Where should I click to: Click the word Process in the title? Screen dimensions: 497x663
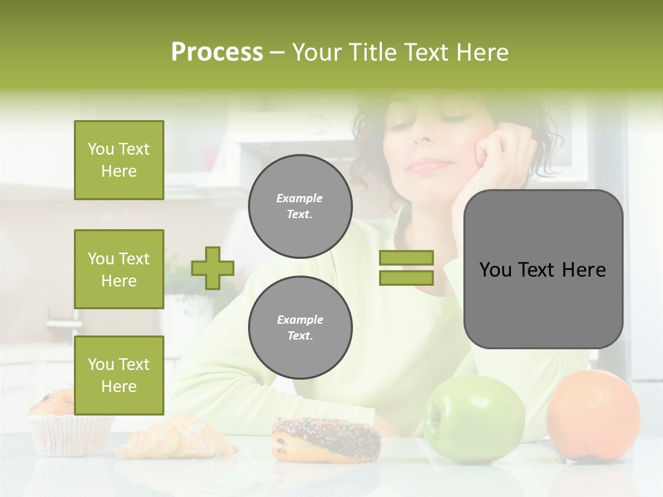[x=217, y=52]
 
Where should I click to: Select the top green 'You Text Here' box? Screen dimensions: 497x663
[x=119, y=160]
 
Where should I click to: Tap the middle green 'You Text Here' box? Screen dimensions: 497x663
[x=119, y=269]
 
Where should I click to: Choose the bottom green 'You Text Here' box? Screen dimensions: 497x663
[x=119, y=376]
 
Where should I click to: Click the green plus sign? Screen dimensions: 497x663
[x=213, y=268]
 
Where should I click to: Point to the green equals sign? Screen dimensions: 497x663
[x=406, y=268]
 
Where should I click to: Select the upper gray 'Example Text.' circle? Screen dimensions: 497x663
[x=300, y=206]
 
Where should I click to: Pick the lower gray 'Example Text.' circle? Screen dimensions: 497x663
[x=300, y=327]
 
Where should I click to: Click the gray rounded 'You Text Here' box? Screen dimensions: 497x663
[x=543, y=269]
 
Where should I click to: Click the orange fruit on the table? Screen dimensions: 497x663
[x=593, y=414]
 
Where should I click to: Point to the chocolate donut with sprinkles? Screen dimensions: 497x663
[x=326, y=439]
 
